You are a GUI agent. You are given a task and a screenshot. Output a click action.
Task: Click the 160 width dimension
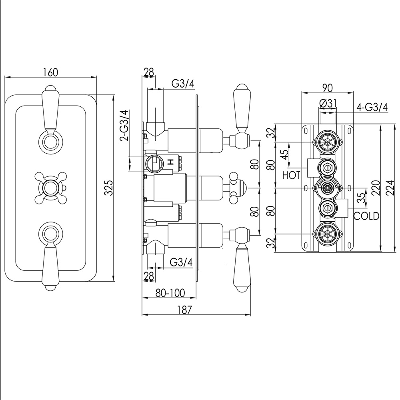[51, 72]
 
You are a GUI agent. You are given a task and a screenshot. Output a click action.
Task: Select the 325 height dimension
[109, 188]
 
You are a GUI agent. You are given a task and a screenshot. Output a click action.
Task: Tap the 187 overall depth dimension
[184, 310]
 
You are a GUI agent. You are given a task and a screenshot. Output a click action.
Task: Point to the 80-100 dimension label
[170, 293]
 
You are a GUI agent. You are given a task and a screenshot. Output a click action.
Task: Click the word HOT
[291, 175]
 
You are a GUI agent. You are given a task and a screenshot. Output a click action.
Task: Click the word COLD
[366, 216]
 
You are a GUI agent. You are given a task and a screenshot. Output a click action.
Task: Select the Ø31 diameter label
[328, 104]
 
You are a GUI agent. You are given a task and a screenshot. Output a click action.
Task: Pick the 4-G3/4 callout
[372, 107]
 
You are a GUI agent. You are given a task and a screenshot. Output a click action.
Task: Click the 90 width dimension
[328, 88]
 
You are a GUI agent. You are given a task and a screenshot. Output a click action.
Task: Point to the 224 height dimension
[391, 188]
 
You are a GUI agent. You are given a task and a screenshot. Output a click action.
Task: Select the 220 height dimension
[376, 188]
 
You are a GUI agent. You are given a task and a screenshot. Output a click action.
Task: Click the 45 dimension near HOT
[284, 155]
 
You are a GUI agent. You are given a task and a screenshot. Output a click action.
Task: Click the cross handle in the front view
[50, 188]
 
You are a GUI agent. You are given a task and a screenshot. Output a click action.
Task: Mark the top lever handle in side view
[241, 116]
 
